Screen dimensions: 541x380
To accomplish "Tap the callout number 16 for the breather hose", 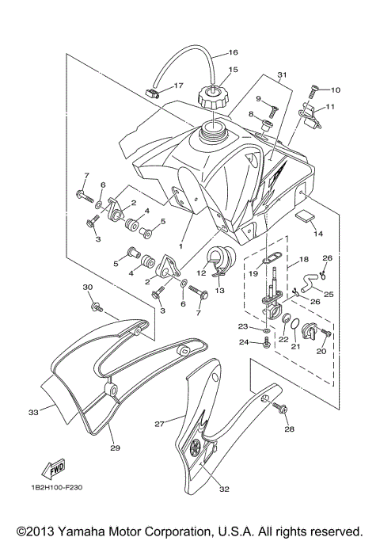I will (233, 53).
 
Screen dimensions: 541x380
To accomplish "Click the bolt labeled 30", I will (97, 303).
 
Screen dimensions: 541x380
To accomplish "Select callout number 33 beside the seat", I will (32, 412).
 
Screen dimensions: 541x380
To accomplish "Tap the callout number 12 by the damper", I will (201, 272).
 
